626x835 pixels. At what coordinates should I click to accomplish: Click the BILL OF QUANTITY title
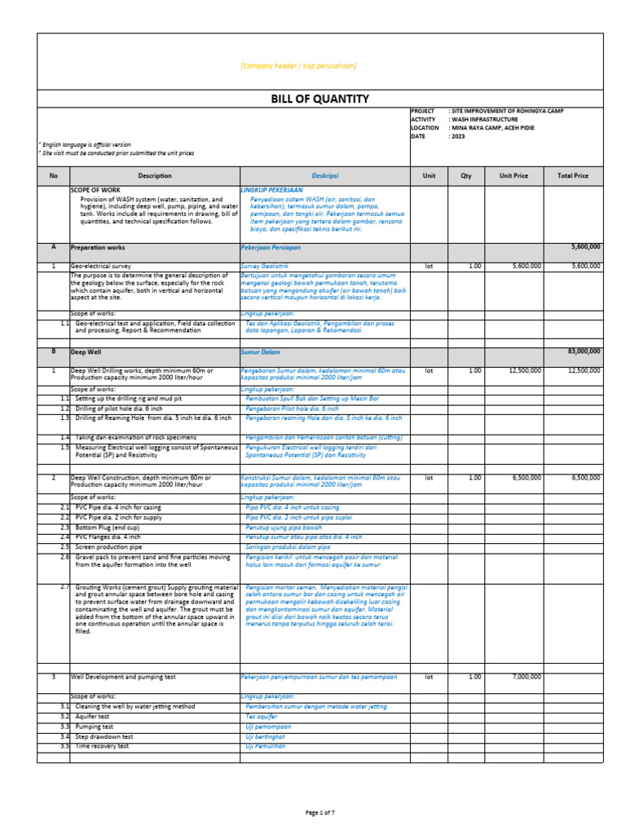320,99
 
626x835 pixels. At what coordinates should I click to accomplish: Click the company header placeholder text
298,66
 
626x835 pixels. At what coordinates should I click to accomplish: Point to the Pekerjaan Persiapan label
270,246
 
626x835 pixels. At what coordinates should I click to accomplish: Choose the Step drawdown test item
104,736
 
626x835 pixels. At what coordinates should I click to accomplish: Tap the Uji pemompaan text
269,726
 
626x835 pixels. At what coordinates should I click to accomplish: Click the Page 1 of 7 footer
320,813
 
